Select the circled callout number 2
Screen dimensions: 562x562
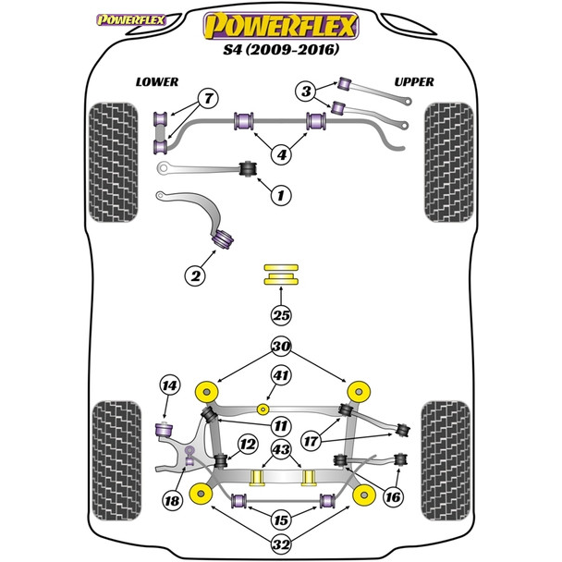coord(194,275)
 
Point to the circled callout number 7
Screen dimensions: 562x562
coord(208,99)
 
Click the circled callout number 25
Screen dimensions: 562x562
coord(280,316)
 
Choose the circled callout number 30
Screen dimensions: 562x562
coord(280,349)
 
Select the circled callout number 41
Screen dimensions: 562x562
coord(280,376)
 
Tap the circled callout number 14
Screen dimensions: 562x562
coord(168,386)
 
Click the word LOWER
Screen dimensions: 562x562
coord(157,81)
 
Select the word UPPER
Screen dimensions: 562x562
coord(414,81)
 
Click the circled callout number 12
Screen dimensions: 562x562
coord(247,446)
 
